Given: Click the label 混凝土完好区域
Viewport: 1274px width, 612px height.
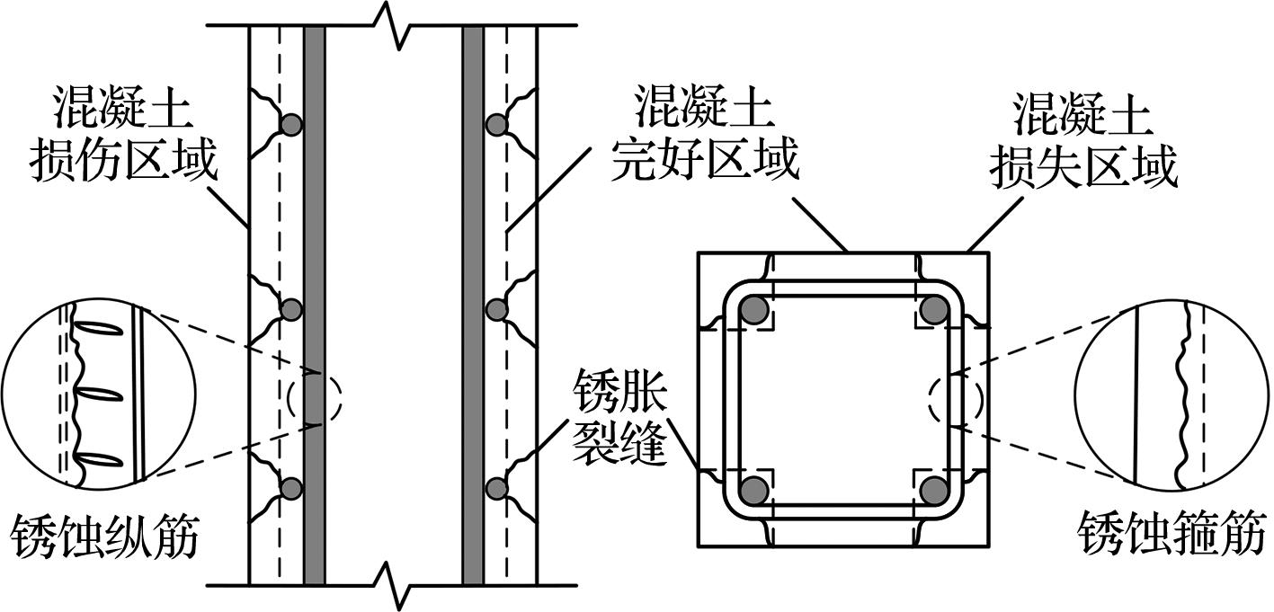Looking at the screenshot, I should click(704, 137).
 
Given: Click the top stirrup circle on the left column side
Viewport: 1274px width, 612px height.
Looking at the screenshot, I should click(290, 125).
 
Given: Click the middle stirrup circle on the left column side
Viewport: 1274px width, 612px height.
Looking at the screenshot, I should click(290, 309).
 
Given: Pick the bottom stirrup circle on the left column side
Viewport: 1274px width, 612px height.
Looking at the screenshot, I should click(290, 488).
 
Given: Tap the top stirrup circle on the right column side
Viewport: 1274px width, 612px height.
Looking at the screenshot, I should click(497, 125).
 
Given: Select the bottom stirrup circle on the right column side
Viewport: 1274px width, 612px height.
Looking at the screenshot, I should click(497, 488).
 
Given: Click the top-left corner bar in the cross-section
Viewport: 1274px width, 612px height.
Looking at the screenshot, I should click(755, 310).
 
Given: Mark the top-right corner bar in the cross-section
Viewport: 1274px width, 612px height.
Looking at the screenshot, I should click(935, 310).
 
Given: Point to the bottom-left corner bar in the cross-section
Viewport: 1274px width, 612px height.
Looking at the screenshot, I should click(755, 490).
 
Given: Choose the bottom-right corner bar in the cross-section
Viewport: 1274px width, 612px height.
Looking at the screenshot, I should click(935, 490).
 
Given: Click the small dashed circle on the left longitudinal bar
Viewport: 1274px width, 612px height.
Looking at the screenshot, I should click(315, 397).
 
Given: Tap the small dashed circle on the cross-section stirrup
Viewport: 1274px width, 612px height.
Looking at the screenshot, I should click(956, 399).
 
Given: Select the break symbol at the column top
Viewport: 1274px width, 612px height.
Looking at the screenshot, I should click(393, 22).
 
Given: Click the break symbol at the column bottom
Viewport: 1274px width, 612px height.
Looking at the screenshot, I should click(393, 586).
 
